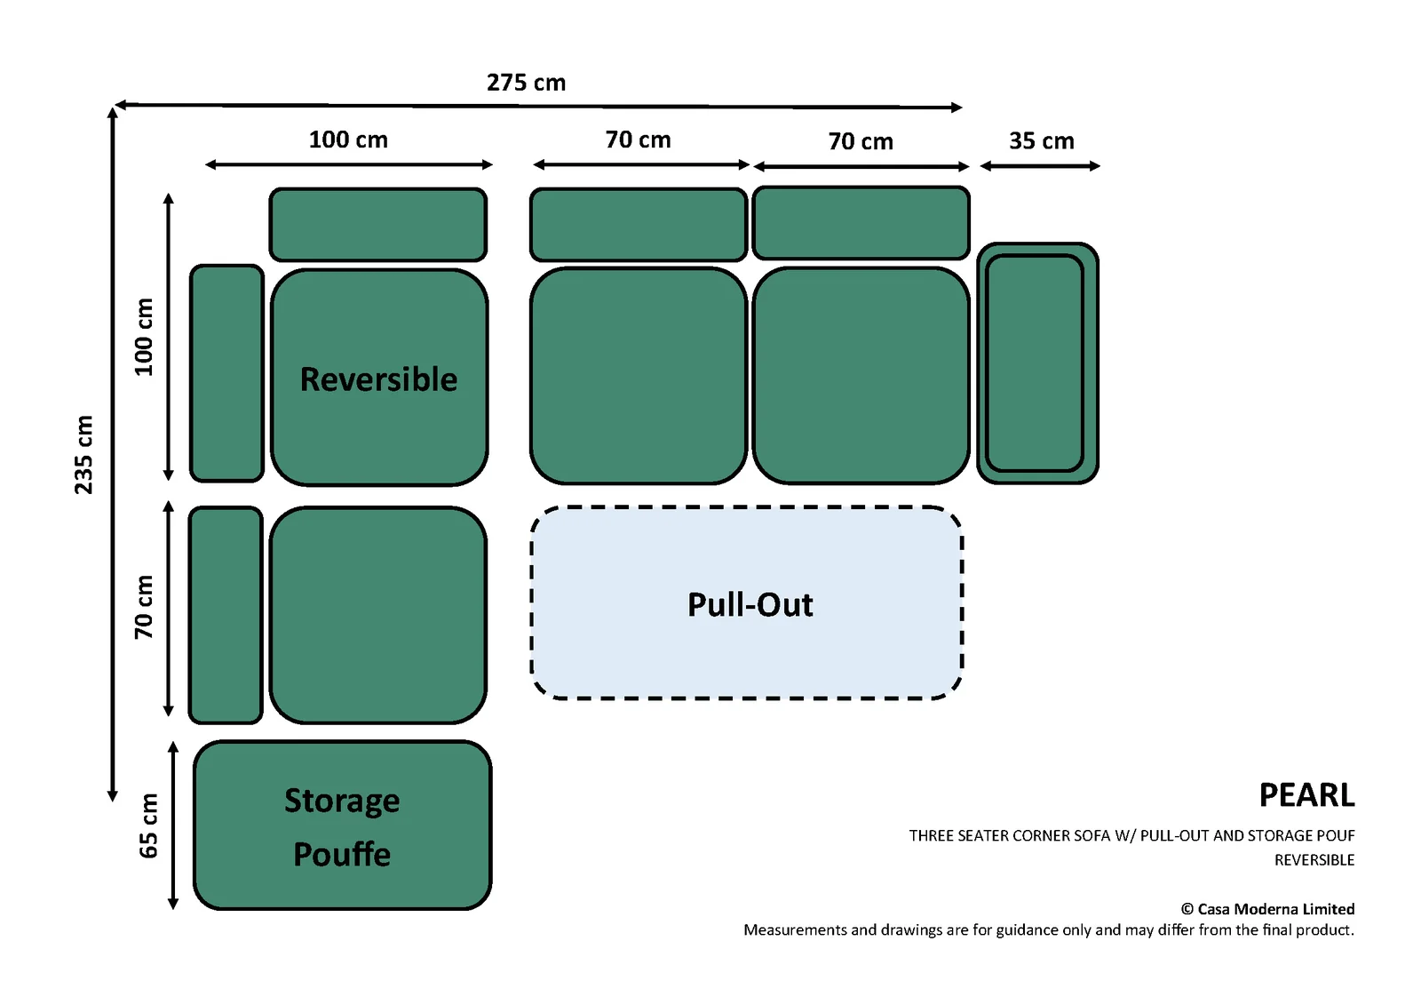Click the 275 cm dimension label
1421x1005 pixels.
[526, 83]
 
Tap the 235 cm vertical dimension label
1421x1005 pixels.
[83, 455]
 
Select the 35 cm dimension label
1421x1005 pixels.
[1042, 141]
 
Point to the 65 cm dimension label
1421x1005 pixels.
[147, 826]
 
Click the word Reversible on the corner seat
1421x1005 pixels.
[378, 379]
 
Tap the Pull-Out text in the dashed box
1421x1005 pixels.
[750, 604]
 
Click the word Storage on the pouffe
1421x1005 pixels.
[342, 801]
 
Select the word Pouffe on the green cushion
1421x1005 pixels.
[342, 854]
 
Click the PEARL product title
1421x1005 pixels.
[1306, 795]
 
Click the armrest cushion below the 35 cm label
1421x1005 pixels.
[1037, 363]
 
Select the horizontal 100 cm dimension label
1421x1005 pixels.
[348, 140]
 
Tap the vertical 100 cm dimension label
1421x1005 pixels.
[145, 337]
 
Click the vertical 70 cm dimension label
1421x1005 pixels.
[144, 607]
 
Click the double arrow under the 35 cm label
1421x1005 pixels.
[1040, 166]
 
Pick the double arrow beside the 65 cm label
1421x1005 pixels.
[172, 826]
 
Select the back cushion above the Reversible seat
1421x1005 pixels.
[378, 224]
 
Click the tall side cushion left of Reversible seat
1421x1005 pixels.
[226, 373]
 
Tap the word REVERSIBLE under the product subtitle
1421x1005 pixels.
[1314, 860]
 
